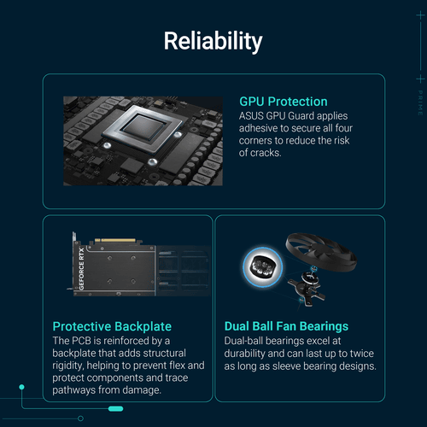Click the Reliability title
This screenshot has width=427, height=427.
(x=213, y=41)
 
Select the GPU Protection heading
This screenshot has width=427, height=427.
(x=284, y=102)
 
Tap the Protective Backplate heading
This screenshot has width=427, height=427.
(x=112, y=326)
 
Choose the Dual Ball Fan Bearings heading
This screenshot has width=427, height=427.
(x=286, y=326)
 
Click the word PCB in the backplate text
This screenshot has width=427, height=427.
(x=81, y=341)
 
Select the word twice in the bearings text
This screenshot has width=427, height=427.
(x=362, y=354)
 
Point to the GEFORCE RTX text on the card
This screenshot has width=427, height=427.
(x=81, y=269)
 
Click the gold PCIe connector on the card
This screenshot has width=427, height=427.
(x=115, y=241)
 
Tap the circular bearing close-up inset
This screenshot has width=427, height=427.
(x=262, y=267)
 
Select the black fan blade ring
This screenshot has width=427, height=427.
(x=321, y=252)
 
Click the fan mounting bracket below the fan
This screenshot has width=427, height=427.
(x=307, y=290)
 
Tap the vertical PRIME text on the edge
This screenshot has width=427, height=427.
(x=420, y=103)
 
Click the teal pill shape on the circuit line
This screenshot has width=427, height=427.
(x=116, y=409)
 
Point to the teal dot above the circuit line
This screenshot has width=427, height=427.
(x=21, y=387)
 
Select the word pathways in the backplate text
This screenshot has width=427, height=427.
(x=74, y=390)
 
